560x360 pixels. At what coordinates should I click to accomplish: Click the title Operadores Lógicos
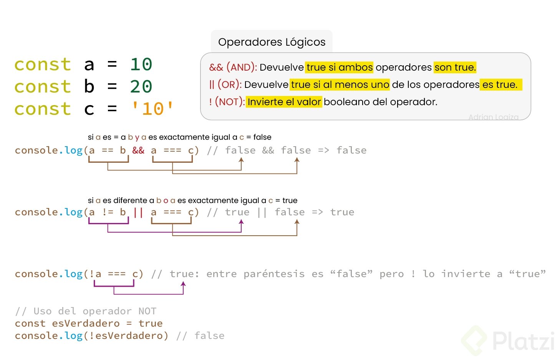pyautogui.click(x=272, y=42)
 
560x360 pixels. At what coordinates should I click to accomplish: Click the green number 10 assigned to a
pyautogui.click(x=141, y=64)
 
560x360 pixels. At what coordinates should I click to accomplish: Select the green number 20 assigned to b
pyautogui.click(x=141, y=87)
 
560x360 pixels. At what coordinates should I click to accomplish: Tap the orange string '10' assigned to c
pyautogui.click(x=152, y=109)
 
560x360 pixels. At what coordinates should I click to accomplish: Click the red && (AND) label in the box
pyautogui.click(x=233, y=67)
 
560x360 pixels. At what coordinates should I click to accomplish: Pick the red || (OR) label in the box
pyautogui.click(x=225, y=84)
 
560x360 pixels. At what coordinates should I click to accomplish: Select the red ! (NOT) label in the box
pyautogui.click(x=227, y=102)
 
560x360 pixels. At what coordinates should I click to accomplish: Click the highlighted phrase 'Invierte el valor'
pyautogui.click(x=284, y=102)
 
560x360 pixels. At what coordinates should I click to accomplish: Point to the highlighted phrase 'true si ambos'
pyautogui.click(x=339, y=67)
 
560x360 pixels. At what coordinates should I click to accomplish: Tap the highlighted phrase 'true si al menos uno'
pyautogui.click(x=340, y=84)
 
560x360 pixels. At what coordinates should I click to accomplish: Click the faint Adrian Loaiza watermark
pyautogui.click(x=493, y=117)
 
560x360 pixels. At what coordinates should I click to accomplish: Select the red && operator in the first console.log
pyautogui.click(x=138, y=150)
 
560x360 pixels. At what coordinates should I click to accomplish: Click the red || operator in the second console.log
pyautogui.click(x=138, y=212)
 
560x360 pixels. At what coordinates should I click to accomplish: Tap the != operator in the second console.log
pyautogui.click(x=108, y=212)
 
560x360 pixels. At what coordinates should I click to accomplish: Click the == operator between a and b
pyautogui.click(x=108, y=150)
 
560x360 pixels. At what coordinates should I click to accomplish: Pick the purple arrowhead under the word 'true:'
pyautogui.click(x=184, y=284)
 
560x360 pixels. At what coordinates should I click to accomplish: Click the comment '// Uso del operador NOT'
pyautogui.click(x=85, y=311)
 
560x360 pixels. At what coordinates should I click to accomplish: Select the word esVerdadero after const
pyautogui.click(x=86, y=323)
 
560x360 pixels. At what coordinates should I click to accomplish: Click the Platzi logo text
pyautogui.click(x=523, y=341)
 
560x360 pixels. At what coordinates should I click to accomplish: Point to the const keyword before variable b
pyautogui.click(x=43, y=87)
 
